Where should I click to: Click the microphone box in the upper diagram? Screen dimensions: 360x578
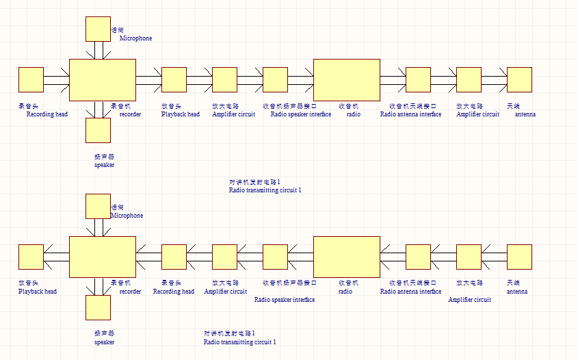click(98, 29)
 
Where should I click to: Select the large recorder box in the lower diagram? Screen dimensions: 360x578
click(103, 257)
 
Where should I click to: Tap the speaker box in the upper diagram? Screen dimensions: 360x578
click(98, 130)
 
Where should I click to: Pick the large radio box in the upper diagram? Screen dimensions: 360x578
click(346, 79)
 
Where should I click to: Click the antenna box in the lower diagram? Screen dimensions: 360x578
click(519, 257)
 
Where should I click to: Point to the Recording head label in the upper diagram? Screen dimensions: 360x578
click(47, 114)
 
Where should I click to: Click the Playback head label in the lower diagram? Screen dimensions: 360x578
click(38, 292)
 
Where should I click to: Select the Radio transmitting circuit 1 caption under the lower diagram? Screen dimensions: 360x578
click(239, 342)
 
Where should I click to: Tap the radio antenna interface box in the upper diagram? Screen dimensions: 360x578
click(418, 79)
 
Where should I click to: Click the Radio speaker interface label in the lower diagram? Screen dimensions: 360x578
click(285, 300)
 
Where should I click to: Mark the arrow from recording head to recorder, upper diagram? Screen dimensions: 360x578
click(57, 79)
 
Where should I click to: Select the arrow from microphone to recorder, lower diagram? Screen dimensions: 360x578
click(98, 227)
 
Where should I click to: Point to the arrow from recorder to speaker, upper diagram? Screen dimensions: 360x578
click(98, 109)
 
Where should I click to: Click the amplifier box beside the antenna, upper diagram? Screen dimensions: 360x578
click(469, 79)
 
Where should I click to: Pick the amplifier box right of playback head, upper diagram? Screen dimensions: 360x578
click(224, 79)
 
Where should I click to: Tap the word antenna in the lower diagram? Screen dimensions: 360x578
click(516, 292)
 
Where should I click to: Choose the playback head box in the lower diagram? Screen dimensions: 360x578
click(31, 257)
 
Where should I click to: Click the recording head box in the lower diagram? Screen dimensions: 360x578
click(174, 257)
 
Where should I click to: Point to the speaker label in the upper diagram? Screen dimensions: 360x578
click(104, 165)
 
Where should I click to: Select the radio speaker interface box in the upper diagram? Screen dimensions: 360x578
click(275, 79)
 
